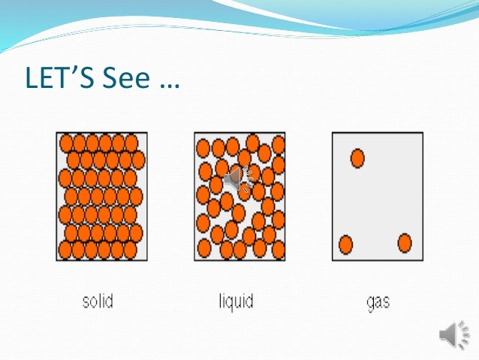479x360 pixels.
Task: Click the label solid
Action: coord(98,302)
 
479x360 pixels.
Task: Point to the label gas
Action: coord(378,304)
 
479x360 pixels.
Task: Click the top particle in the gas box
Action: coord(357,158)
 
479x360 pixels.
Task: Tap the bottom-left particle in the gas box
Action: coord(345,244)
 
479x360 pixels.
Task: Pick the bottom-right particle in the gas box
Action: coord(405,243)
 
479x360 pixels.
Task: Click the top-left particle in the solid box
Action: coord(66,143)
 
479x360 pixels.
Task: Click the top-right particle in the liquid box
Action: coord(279,144)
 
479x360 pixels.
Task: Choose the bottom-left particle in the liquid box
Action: coord(203,249)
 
